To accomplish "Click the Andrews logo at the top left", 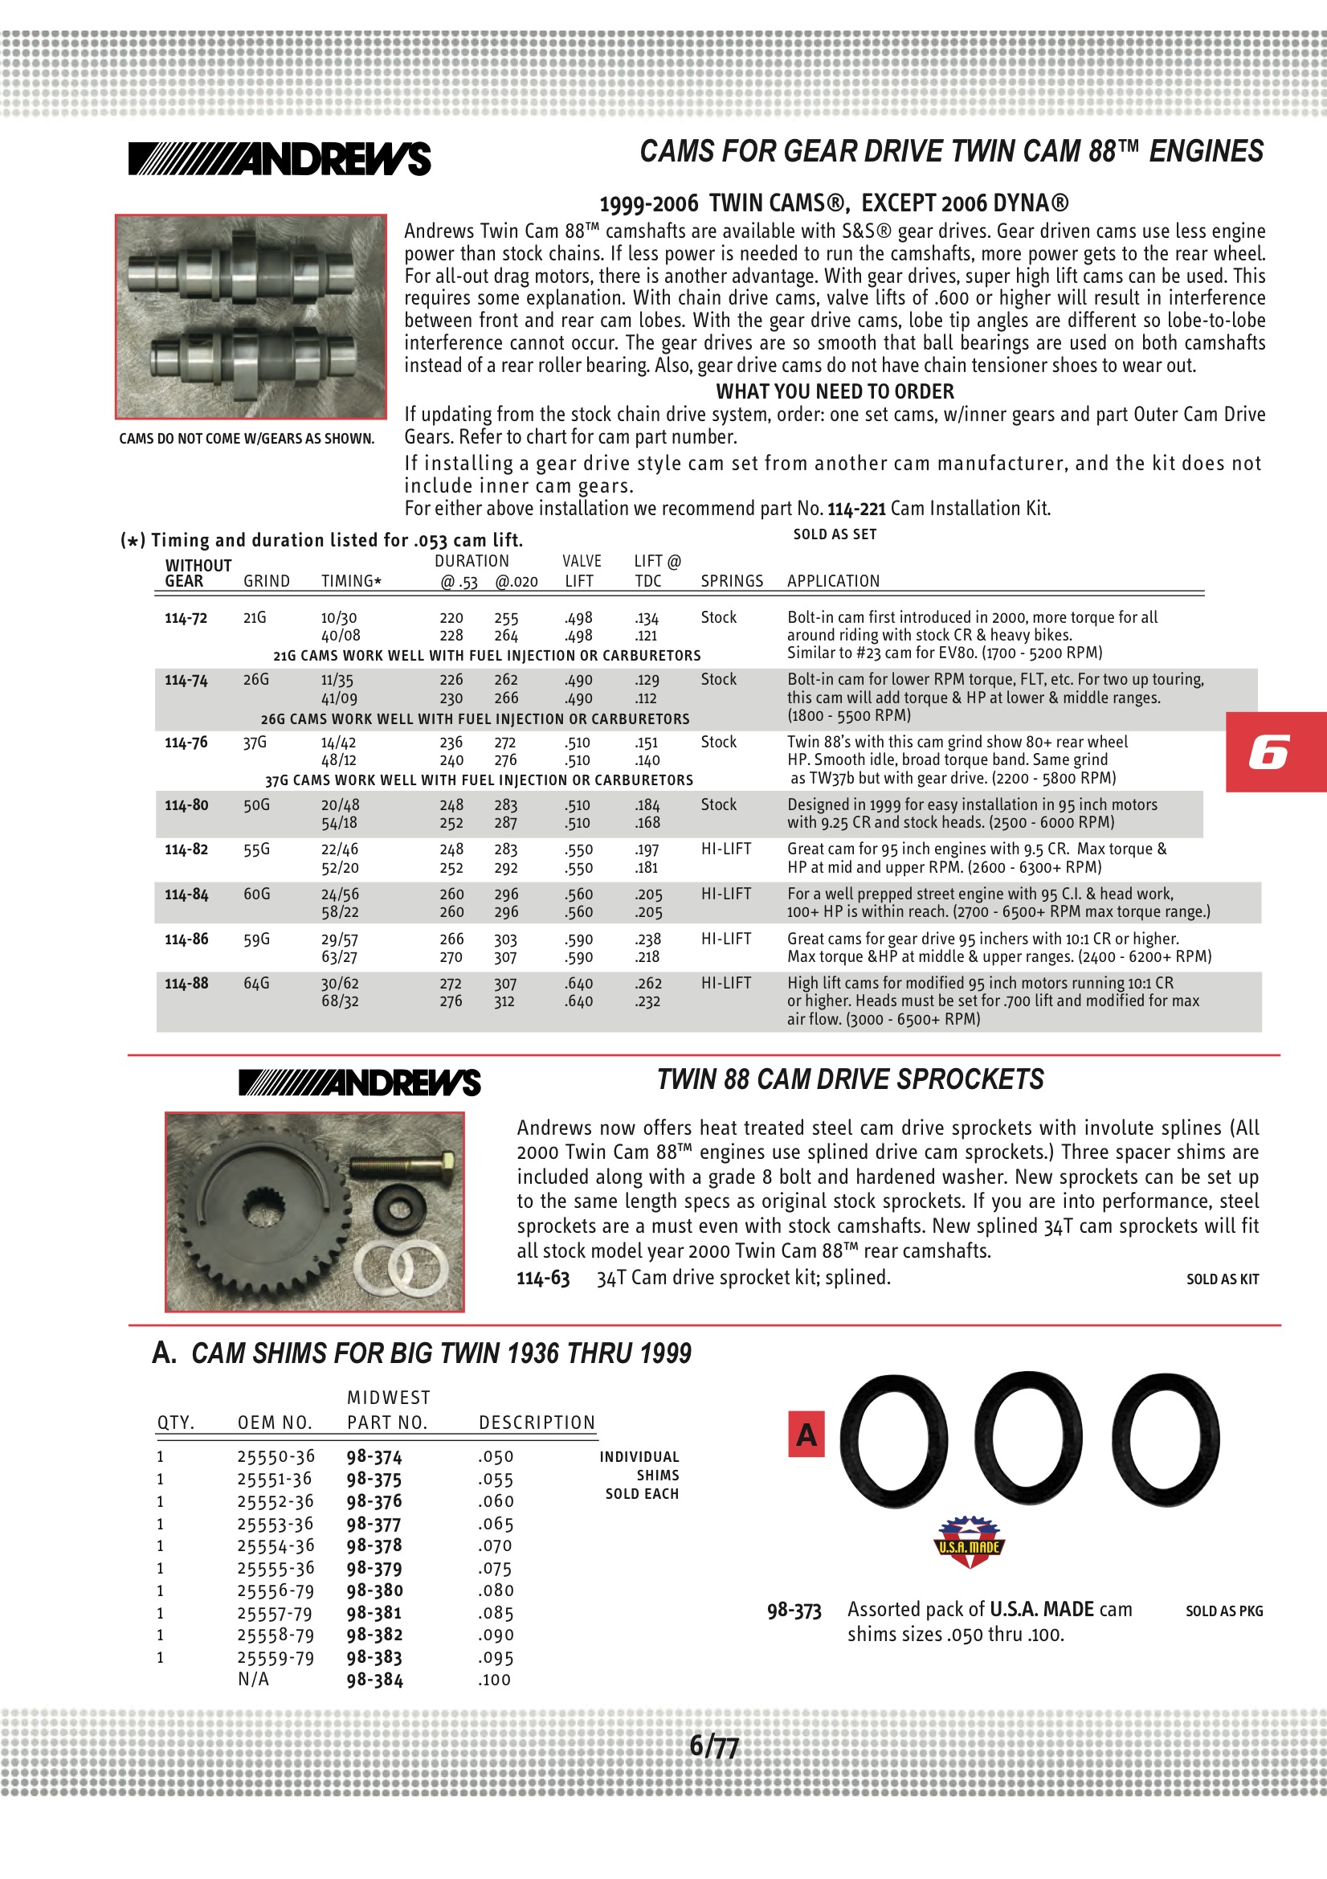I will point(279,159).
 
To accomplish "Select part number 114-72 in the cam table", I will point(186,618).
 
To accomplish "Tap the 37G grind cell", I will point(255,743).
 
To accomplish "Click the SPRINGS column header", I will point(732,581).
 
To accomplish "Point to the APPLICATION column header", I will point(833,581).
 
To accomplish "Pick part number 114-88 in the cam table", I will point(186,983).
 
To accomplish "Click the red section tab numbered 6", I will point(1275,751).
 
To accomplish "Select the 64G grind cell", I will point(256,983).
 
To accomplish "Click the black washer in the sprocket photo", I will point(398,1209).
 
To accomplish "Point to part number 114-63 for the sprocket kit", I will point(542,1278).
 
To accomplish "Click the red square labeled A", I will point(806,1434).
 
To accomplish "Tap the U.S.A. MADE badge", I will point(969,1541).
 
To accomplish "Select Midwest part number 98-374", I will point(374,1457).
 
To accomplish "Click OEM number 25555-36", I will point(276,1568).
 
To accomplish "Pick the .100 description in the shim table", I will point(495,1680).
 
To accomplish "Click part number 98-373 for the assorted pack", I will point(794,1611).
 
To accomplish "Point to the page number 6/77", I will point(713,1746).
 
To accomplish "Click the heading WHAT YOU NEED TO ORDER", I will point(835,391).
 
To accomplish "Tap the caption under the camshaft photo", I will point(247,439).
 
